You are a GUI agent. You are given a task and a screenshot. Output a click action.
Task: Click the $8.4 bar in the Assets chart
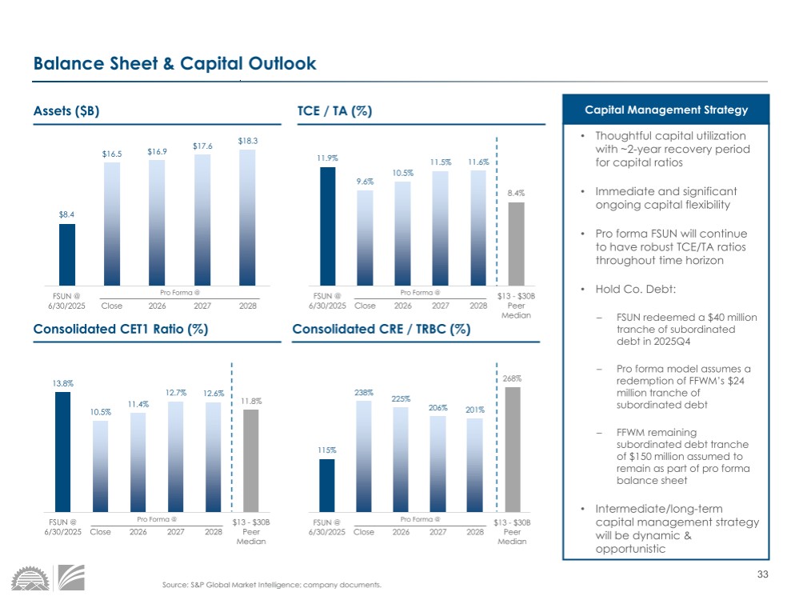coord(67,254)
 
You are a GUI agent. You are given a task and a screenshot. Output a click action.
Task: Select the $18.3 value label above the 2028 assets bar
coord(248,140)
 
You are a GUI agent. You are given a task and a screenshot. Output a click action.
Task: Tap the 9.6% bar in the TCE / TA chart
coord(365,237)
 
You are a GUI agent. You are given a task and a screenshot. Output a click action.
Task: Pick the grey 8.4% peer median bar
coord(517,243)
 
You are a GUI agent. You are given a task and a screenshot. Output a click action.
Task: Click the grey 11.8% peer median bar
coord(251,460)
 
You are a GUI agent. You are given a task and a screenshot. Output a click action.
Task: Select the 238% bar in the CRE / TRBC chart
coord(364,456)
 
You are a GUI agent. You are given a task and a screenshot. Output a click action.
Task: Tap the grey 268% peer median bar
coord(513,449)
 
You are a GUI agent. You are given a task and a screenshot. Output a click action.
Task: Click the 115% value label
coord(326,450)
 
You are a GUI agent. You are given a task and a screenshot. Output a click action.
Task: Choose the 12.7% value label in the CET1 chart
coord(176,392)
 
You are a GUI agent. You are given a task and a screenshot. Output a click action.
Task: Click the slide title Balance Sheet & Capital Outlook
coord(174,64)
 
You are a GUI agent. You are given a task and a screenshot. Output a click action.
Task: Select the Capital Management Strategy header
coord(665,110)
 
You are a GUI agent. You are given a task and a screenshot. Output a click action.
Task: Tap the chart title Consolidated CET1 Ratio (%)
coord(121,329)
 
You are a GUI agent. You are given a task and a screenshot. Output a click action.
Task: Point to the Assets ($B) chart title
coord(66,111)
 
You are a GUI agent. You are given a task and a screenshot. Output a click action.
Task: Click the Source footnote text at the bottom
coord(272,585)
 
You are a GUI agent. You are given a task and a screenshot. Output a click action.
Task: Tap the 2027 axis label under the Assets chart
coord(204,306)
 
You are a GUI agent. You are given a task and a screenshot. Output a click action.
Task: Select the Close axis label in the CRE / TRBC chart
coord(364,532)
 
